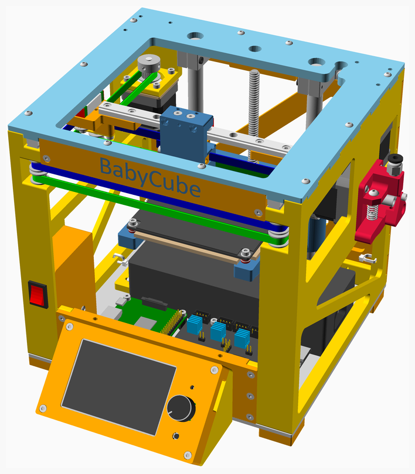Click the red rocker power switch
(x=39, y=294)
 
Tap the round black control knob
(x=181, y=408)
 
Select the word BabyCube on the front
(x=150, y=177)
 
